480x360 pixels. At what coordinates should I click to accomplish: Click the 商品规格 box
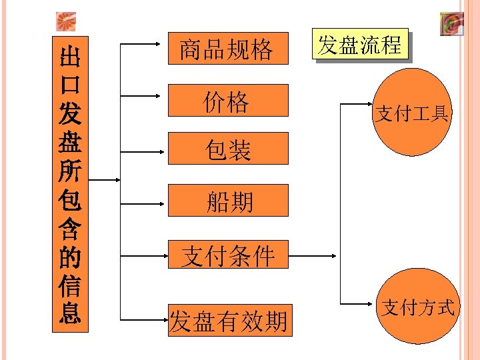point(227,48)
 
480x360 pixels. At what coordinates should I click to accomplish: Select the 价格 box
point(227,101)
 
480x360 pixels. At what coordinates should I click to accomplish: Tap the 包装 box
point(227,149)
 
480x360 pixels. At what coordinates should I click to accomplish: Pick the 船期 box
point(227,200)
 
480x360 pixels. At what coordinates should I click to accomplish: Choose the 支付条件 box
point(227,255)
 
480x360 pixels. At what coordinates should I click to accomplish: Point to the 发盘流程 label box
point(360,45)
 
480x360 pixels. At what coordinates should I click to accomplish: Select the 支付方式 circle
point(417,307)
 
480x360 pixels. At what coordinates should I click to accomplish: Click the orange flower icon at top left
point(65,22)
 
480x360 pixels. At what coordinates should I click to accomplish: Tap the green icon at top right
point(451,24)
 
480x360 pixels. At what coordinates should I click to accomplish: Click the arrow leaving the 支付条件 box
point(313,255)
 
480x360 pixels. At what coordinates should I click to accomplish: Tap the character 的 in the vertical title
point(70,256)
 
